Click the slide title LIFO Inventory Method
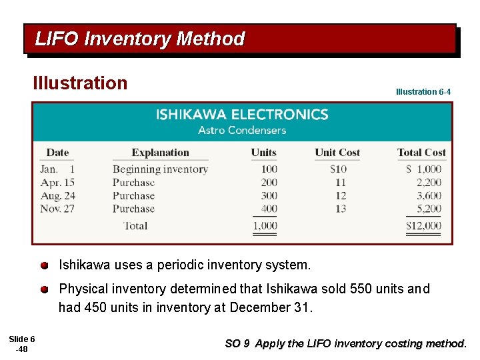click(140, 39)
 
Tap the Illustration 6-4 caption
click(423, 91)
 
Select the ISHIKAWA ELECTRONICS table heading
click(242, 115)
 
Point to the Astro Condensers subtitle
click(242, 130)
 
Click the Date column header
click(57, 152)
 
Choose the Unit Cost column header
click(337, 152)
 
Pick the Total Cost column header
click(421, 152)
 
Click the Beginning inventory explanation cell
click(160, 169)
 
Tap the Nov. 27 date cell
click(57, 209)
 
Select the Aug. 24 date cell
click(57, 196)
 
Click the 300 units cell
click(269, 196)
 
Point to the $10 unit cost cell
click(338, 169)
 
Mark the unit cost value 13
click(341, 209)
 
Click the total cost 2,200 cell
click(429, 183)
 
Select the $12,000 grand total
click(423, 226)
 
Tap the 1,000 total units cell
click(265, 226)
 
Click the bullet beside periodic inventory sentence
click(44, 265)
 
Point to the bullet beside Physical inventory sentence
click(44, 289)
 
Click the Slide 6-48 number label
click(21, 344)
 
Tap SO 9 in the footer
click(237, 344)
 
